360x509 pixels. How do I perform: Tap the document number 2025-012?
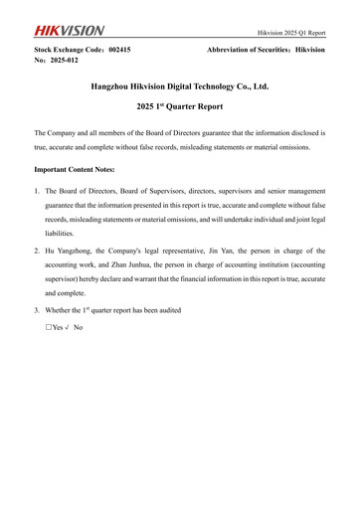pos(65,60)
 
